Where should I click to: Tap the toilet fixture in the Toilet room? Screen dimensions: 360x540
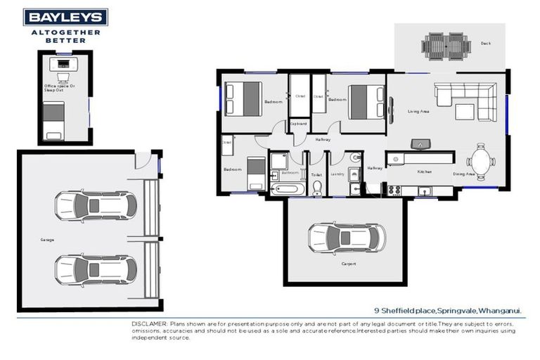(316, 187)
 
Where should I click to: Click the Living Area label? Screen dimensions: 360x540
(418, 111)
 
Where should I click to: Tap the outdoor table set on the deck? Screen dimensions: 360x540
(446, 46)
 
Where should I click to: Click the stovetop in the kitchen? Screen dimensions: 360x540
(394, 189)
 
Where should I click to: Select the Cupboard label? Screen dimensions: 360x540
(298, 124)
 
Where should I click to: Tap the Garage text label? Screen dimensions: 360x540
(47, 240)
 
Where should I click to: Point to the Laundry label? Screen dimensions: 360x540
(338, 173)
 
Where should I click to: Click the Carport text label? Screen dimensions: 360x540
(349, 264)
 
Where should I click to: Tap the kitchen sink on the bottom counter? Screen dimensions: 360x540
(425, 190)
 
